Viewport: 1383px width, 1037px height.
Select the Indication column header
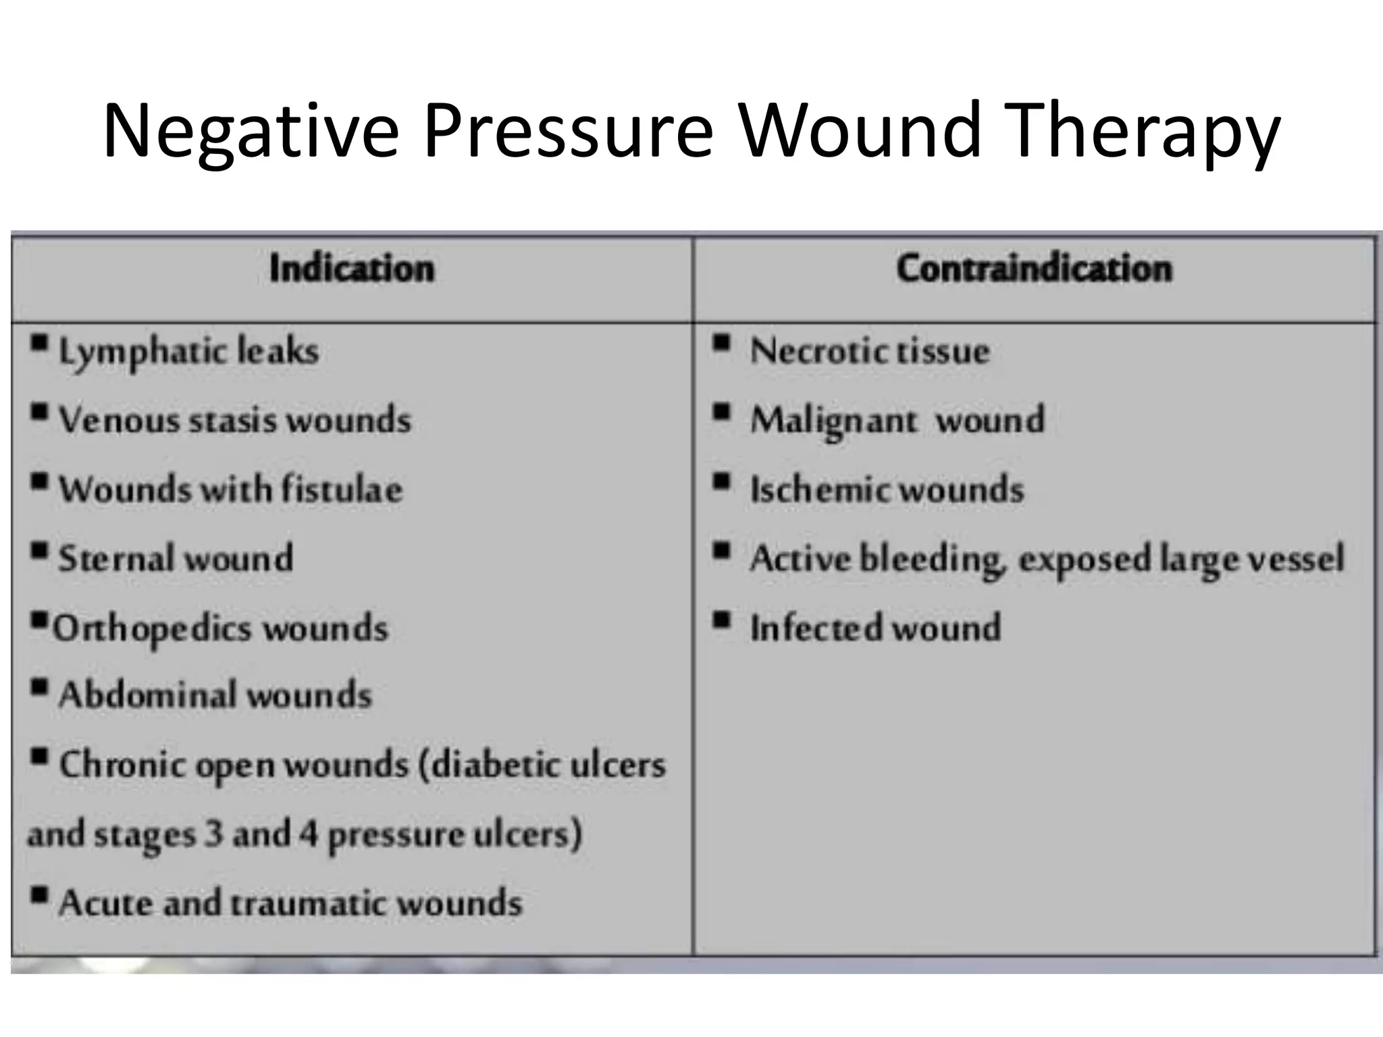coord(352,269)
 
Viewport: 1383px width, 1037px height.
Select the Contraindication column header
coord(1035,269)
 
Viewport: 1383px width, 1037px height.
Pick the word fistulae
coord(342,489)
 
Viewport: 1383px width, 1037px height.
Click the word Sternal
coord(116,558)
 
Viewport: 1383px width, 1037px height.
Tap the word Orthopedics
coord(152,629)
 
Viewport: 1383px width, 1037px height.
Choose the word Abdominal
coord(138,695)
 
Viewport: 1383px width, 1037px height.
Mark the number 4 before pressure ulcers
coord(309,834)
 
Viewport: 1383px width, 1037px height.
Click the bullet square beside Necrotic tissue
coord(722,344)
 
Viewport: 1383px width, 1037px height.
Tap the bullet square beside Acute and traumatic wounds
coord(40,895)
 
